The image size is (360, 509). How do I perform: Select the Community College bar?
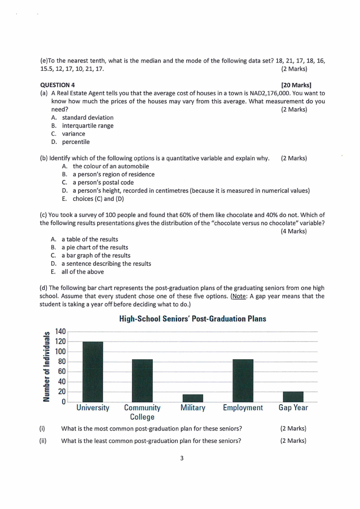[x=142, y=380]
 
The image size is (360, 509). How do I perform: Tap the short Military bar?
[x=193, y=398]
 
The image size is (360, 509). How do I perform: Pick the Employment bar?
[x=243, y=380]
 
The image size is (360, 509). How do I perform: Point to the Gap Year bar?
[x=293, y=396]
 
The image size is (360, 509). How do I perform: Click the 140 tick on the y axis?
[x=61, y=332]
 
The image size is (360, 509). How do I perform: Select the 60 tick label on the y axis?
[x=62, y=372]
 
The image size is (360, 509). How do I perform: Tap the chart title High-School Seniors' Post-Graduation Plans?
[x=192, y=319]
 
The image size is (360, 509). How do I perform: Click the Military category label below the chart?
[x=193, y=408]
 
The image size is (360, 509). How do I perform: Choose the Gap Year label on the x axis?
[x=293, y=408]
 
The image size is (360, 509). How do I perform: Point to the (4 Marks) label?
[x=294, y=231]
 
